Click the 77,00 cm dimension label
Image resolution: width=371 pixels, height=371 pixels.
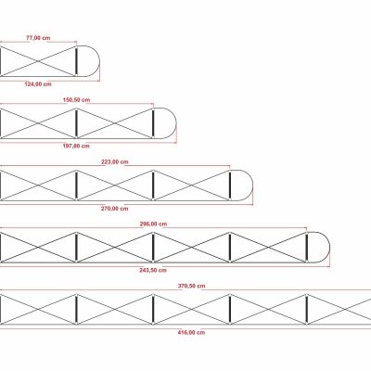(x=38, y=38)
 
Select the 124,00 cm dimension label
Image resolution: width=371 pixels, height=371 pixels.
(x=38, y=84)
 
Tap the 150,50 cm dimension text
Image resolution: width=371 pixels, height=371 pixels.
(x=76, y=100)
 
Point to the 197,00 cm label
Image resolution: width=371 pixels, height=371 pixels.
(x=76, y=146)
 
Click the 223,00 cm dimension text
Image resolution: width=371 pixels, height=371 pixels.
(x=115, y=161)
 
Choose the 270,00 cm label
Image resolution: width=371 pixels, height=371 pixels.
(x=114, y=209)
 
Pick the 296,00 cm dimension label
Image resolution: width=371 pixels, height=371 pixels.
(x=153, y=224)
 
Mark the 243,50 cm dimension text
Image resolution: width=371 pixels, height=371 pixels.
(x=153, y=270)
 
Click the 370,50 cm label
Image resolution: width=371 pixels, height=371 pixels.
(x=191, y=286)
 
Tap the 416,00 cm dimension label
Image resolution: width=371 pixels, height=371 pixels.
(x=191, y=333)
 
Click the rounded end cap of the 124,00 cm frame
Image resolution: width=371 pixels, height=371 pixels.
(x=99, y=61)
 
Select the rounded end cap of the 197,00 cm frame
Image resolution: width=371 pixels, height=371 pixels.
(x=176, y=123)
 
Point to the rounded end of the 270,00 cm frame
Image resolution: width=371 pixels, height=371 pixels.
(x=252, y=185)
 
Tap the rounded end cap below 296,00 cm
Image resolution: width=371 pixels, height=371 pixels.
(x=329, y=248)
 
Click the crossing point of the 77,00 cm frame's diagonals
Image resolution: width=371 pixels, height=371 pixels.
(x=38, y=61)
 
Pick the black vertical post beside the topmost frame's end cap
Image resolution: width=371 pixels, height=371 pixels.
(x=76, y=61)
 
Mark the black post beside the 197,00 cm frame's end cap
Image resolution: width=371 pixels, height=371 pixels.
(x=153, y=123)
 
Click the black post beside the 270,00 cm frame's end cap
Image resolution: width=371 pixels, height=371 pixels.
(x=230, y=185)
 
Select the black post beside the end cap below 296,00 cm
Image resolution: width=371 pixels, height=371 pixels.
(x=306, y=248)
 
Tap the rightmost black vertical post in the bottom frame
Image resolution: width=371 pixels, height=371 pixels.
(x=306, y=310)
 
